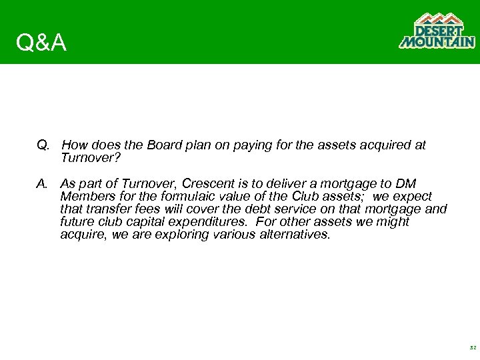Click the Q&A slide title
pyautogui.click(x=41, y=43)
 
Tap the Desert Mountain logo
pyautogui.click(x=437, y=31)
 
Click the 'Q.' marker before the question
pyautogui.click(x=43, y=145)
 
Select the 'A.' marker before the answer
pyautogui.click(x=43, y=183)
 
